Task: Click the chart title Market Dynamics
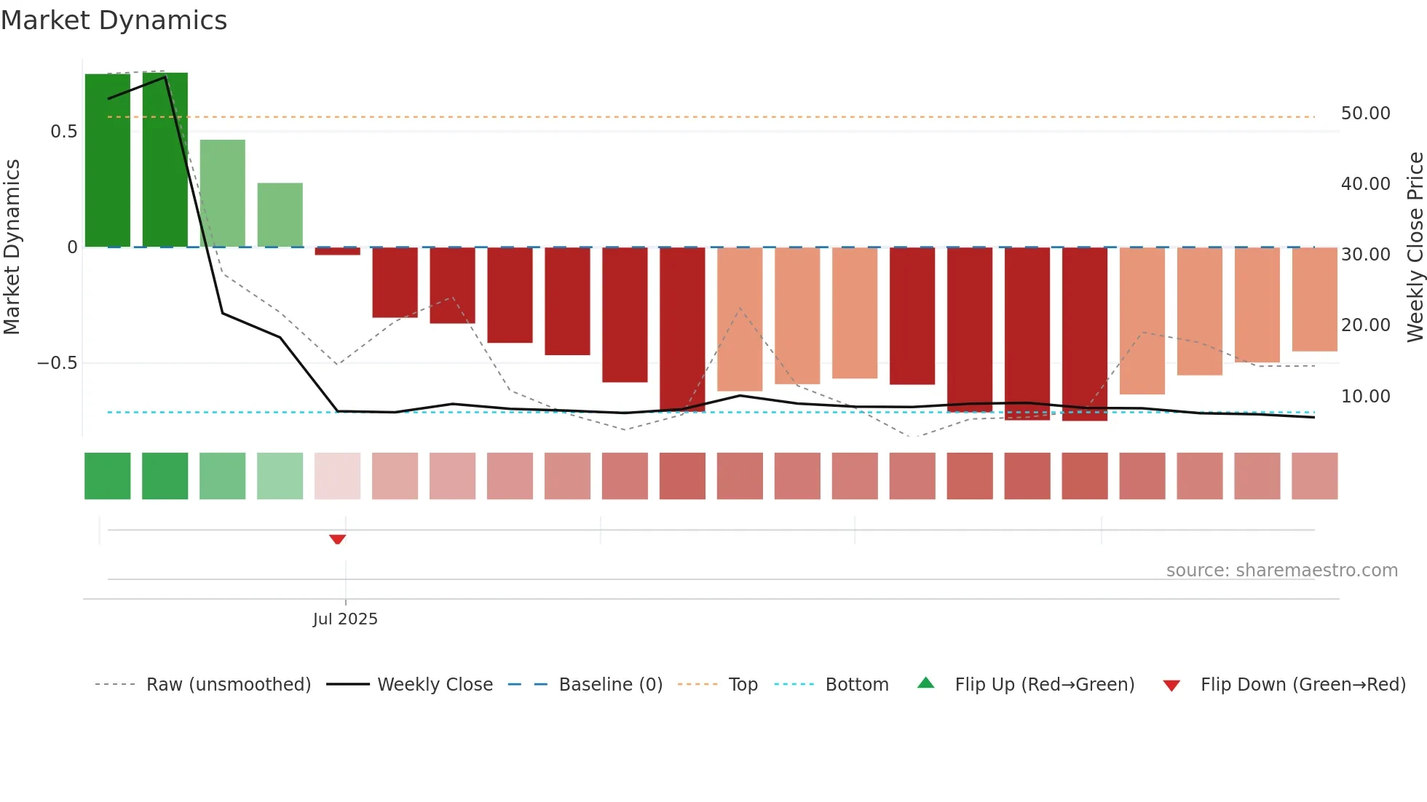click(114, 20)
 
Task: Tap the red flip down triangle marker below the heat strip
click(337, 539)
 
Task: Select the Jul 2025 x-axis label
click(345, 619)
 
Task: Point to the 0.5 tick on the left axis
click(63, 132)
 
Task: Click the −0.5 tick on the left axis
click(58, 363)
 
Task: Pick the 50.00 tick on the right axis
click(1365, 114)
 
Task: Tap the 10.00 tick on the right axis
click(1365, 397)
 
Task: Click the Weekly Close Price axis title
click(1415, 247)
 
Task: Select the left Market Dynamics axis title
click(12, 247)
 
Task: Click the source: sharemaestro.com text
click(1281, 571)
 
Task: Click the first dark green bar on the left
click(108, 160)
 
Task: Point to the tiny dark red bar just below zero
click(337, 251)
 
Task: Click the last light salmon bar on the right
click(1314, 299)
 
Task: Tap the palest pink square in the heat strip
click(337, 476)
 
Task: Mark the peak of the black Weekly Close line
click(165, 77)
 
